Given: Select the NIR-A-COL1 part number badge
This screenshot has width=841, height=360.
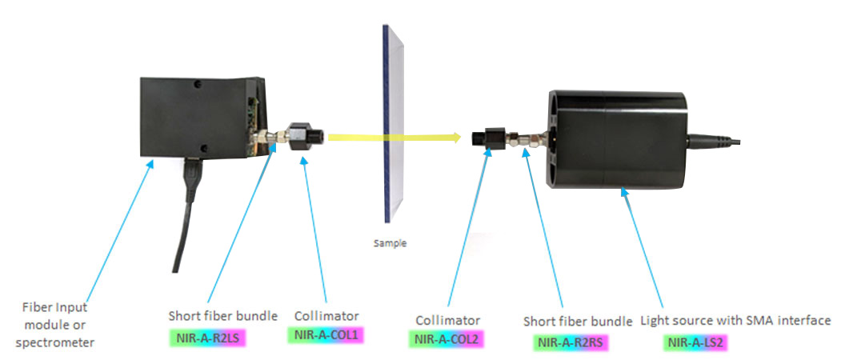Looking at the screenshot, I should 326,335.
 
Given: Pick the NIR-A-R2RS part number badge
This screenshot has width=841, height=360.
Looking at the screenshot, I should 571,342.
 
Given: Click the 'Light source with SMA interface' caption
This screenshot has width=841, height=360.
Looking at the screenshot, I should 735,321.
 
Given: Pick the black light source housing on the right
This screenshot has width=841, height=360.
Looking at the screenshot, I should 616,140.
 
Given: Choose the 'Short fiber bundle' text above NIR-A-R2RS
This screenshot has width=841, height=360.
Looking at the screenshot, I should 577,321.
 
